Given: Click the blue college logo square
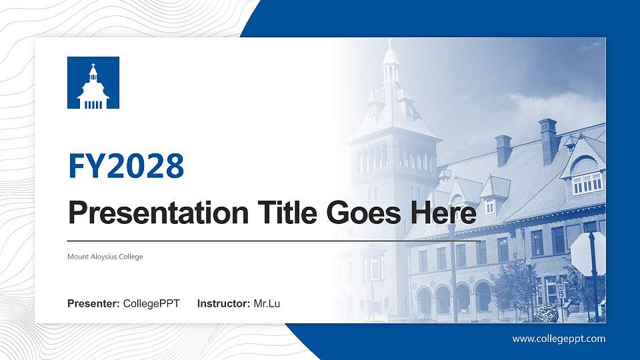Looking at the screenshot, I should pyautogui.click(x=93, y=83).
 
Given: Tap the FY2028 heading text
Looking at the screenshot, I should pyautogui.click(x=126, y=166).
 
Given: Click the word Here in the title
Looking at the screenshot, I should pyautogui.click(x=444, y=213).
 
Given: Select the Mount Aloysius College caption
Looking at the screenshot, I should pyautogui.click(x=105, y=257).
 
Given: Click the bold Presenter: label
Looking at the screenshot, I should pyautogui.click(x=93, y=304).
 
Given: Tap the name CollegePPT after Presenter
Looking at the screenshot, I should pyautogui.click(x=151, y=304).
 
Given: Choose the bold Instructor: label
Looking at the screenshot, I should pyautogui.click(x=225, y=304).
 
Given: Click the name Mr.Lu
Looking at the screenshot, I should pyautogui.click(x=267, y=304).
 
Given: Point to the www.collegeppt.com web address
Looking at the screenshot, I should pyautogui.click(x=559, y=339).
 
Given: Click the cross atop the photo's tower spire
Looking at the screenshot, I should pyautogui.click(x=390, y=43).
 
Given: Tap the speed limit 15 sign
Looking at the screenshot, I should pyautogui.click(x=561, y=291).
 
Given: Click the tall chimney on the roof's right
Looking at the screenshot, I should pyautogui.click(x=548, y=140).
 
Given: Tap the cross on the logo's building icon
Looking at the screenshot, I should pyautogui.click(x=93, y=66).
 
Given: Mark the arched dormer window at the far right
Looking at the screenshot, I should pyautogui.click(x=586, y=175).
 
